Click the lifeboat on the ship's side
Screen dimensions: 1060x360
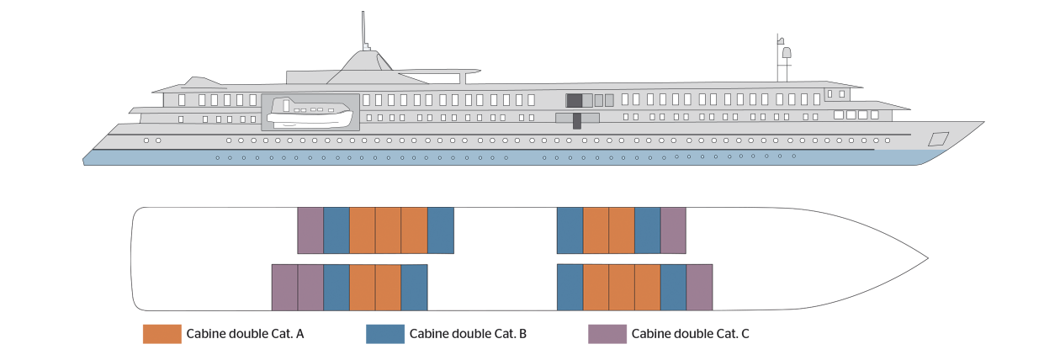coord(310,113)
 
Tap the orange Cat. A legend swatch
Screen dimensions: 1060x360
coord(162,334)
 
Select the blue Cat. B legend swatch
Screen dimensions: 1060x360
coord(385,334)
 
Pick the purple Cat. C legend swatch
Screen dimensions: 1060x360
coord(607,334)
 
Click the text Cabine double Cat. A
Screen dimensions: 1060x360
coord(245,334)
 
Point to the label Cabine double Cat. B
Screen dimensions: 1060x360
coord(468,334)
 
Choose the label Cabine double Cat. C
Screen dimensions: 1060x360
coord(691,334)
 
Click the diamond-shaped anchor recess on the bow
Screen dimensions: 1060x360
coord(938,139)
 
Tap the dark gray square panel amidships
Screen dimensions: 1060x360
coord(575,100)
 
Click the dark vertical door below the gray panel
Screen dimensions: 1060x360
coord(577,121)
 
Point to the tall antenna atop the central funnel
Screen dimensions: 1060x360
coord(364,31)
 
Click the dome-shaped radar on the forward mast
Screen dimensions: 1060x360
coord(787,52)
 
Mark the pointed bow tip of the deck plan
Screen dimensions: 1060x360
coord(928,258)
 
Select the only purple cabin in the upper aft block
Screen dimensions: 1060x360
coord(310,230)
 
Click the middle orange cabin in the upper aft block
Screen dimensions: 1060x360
coord(388,230)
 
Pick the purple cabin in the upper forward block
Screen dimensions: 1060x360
coord(673,230)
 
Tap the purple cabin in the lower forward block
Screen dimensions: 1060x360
coord(699,288)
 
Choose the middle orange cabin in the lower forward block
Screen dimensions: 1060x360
coord(622,288)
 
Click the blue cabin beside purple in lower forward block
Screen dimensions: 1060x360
coord(673,288)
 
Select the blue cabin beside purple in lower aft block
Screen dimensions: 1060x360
coord(337,288)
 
